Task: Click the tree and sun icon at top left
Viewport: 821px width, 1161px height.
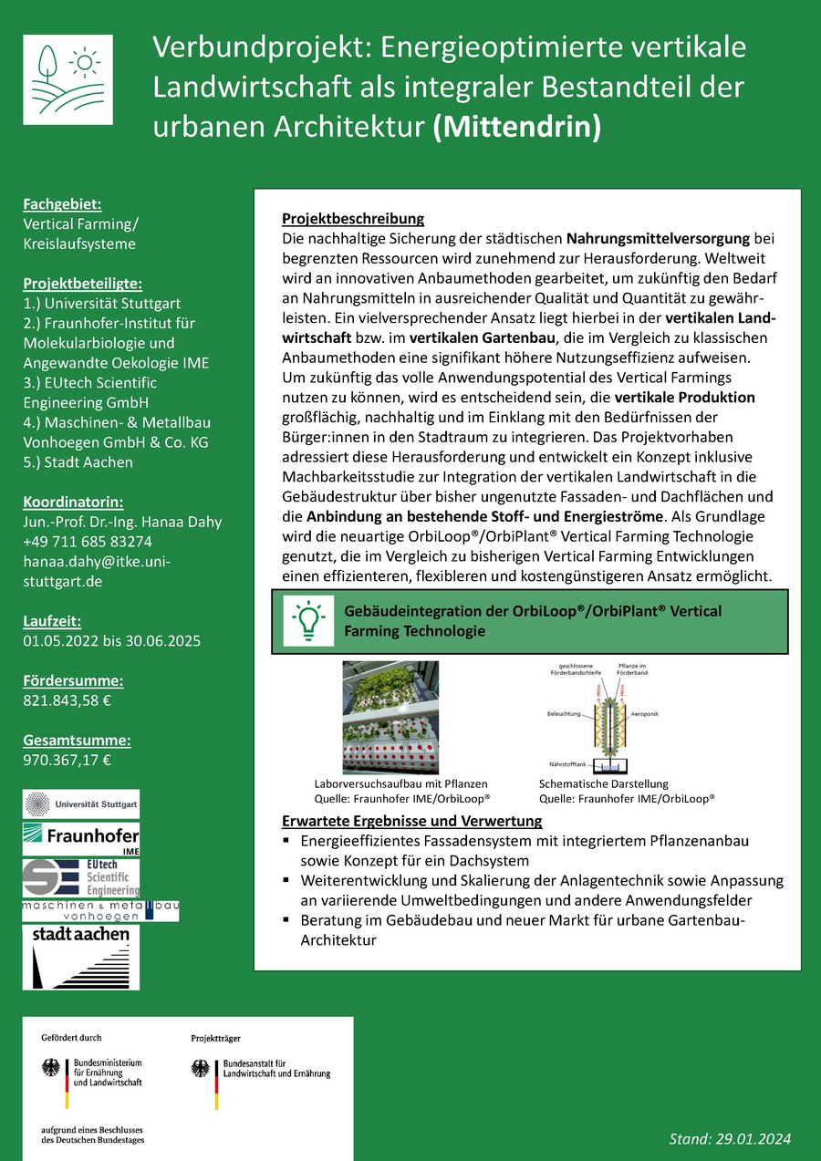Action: (x=68, y=79)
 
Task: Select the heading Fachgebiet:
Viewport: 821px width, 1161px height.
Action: (x=62, y=203)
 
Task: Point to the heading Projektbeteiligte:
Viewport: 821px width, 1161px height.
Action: (x=82, y=283)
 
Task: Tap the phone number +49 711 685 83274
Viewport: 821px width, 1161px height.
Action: (x=88, y=542)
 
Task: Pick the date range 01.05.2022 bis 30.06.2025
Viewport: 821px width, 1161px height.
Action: (x=111, y=640)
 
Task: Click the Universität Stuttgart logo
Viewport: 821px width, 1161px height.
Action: (x=81, y=804)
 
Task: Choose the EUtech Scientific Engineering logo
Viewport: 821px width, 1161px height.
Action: (x=81, y=877)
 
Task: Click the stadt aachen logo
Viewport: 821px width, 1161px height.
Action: (x=81, y=957)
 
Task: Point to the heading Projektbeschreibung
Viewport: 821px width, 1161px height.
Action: (x=353, y=219)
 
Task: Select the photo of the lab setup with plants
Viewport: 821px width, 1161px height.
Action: (x=390, y=717)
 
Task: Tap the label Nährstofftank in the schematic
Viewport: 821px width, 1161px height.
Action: (x=566, y=762)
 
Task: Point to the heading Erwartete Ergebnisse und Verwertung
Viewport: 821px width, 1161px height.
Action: (x=411, y=821)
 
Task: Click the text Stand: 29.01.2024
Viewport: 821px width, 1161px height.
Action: (x=730, y=1139)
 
